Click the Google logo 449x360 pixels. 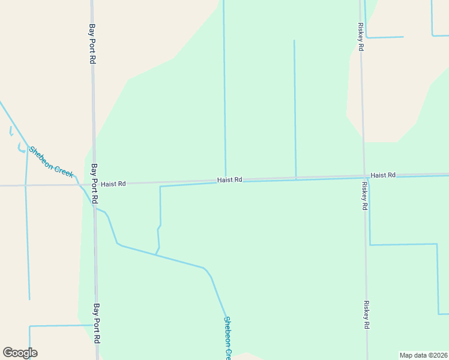(20, 353)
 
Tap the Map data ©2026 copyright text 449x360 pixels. (423, 355)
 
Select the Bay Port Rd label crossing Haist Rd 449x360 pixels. (94, 183)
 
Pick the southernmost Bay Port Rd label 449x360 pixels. (96, 323)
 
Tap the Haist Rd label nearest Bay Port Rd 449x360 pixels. (113, 184)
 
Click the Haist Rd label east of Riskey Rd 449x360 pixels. (383, 175)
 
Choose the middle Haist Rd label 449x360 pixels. (229, 179)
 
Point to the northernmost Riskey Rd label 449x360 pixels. (361, 37)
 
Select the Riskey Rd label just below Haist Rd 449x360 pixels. (364, 196)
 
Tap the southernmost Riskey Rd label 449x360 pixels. (366, 314)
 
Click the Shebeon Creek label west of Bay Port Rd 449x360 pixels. (52, 161)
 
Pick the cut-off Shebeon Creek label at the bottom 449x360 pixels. (227, 338)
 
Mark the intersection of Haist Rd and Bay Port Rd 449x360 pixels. (94, 183)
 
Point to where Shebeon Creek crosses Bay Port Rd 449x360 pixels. (95, 208)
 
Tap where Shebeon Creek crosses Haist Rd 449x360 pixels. (80, 184)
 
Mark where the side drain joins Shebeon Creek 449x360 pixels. (156, 254)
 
